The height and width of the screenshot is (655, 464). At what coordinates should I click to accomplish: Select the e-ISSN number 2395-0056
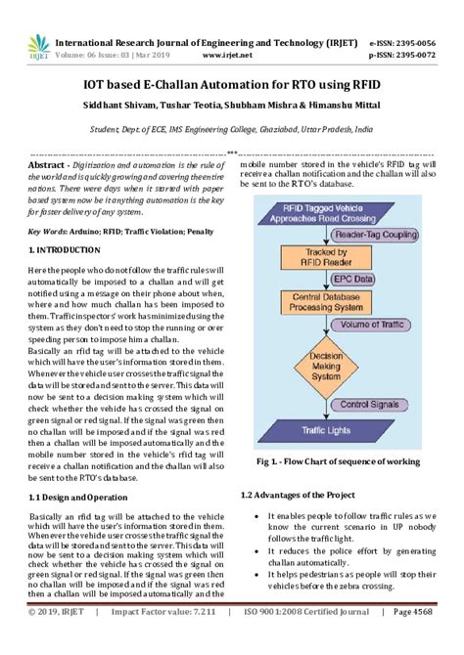point(417,43)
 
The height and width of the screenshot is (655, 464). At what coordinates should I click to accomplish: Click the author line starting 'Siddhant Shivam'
point(232,108)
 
